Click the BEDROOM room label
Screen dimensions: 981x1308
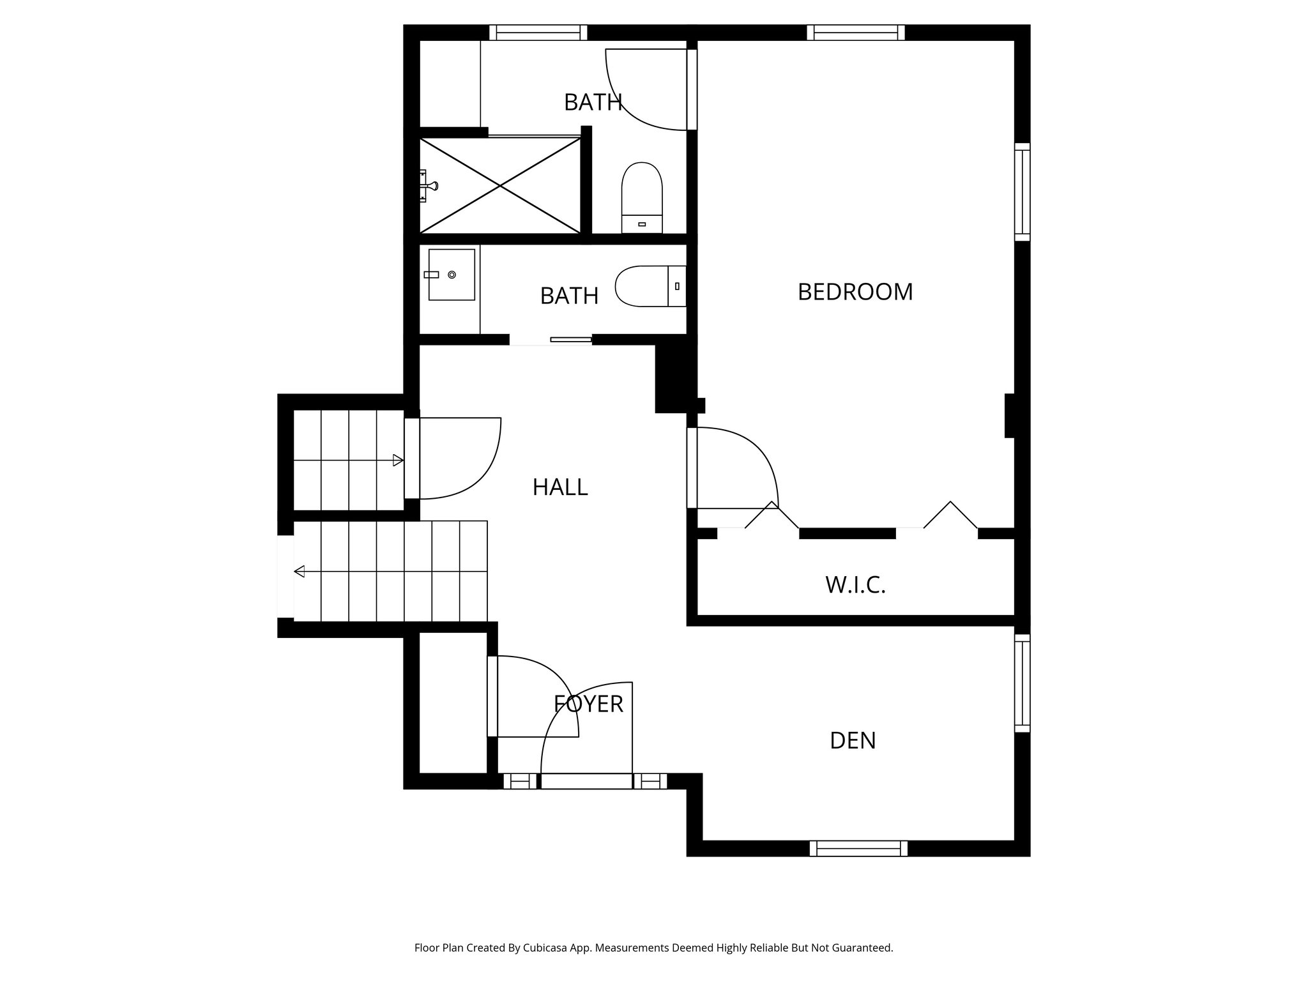[855, 292]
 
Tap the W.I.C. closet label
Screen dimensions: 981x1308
[855, 584]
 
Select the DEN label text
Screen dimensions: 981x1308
[853, 740]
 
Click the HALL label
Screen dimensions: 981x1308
[559, 487]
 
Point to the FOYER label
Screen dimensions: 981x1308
[588, 704]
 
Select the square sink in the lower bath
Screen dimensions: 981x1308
[452, 275]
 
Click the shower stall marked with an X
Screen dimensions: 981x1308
[500, 185]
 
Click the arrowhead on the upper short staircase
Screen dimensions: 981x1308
[398, 460]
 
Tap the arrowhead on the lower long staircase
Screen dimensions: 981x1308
[299, 571]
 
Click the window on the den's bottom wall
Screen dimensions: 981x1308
[858, 848]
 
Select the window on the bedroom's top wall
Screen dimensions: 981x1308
[855, 33]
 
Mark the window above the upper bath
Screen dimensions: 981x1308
[538, 33]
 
